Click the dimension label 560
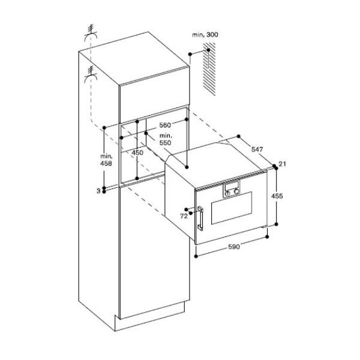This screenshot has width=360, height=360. coord(165,125)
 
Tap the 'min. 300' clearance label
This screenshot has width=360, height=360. coord(205,35)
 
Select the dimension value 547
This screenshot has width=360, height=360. coord(257,149)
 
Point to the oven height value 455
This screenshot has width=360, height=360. coord(277,196)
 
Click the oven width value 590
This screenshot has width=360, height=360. coord(234,247)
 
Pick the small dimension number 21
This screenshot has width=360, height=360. coord(282,164)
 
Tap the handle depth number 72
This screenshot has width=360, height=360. coord(184,216)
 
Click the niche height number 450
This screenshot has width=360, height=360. coord(137,152)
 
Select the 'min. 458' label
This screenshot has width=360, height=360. coord(106,160)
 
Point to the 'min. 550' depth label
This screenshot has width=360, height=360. coord(166,139)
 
